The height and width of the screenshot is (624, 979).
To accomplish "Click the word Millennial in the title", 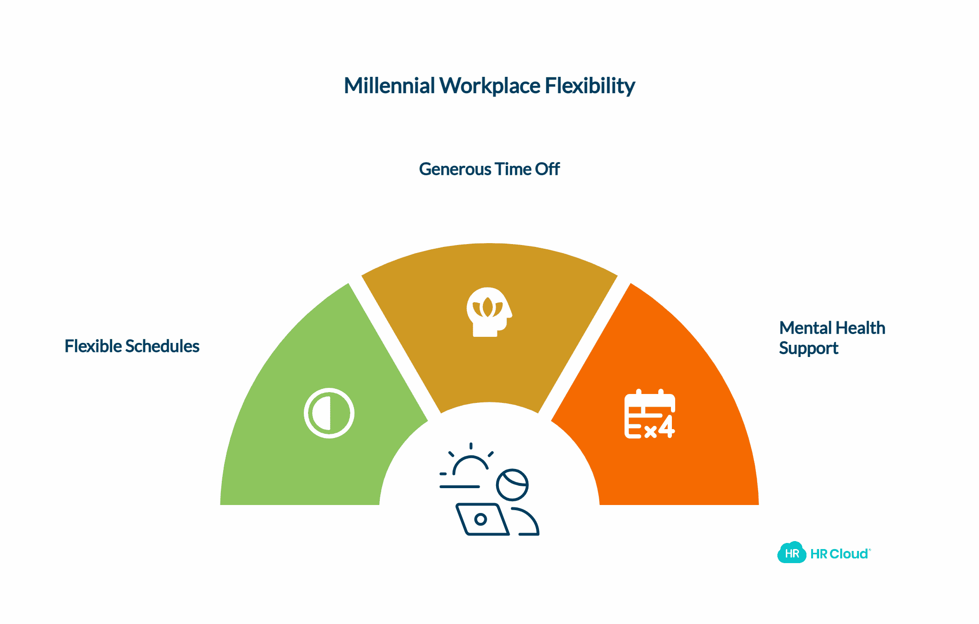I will [x=390, y=86].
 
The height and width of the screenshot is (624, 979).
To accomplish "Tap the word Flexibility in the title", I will [x=590, y=86].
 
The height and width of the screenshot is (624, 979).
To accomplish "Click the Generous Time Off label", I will [x=489, y=169].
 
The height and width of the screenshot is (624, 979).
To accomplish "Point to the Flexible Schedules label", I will [x=132, y=346].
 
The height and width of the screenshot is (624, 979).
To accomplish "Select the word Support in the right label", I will [x=808, y=348].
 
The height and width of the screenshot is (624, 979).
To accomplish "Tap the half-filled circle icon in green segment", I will [x=329, y=413].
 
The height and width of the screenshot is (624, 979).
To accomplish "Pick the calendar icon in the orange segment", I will [x=649, y=414].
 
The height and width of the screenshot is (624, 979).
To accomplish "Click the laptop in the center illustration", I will [x=482, y=519].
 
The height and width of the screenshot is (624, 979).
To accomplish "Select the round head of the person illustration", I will [x=512, y=485].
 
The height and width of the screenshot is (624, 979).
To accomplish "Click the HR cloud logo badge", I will [x=791, y=553].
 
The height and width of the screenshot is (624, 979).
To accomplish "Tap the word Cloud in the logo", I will [x=849, y=554].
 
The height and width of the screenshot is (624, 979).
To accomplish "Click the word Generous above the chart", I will [x=455, y=169].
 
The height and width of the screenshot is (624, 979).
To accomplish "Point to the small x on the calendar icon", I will [x=650, y=432].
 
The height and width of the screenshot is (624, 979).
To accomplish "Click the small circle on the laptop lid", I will [x=480, y=519].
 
